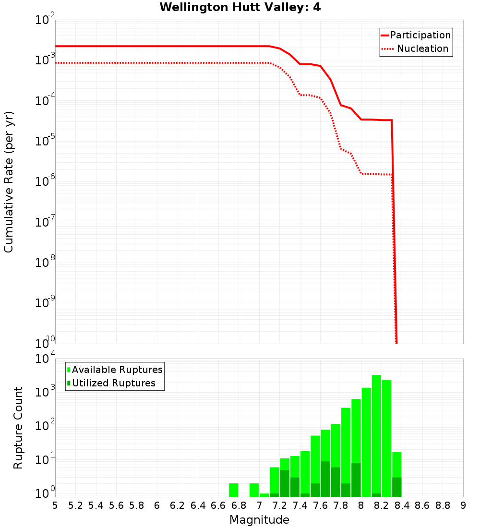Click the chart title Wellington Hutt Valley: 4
(240, 7)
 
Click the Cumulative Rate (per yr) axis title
(9, 182)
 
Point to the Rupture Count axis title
(18, 428)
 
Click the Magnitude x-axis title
(259, 520)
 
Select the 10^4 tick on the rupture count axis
(46, 359)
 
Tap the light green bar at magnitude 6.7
(234, 490)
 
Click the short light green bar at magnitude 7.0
(264, 495)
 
